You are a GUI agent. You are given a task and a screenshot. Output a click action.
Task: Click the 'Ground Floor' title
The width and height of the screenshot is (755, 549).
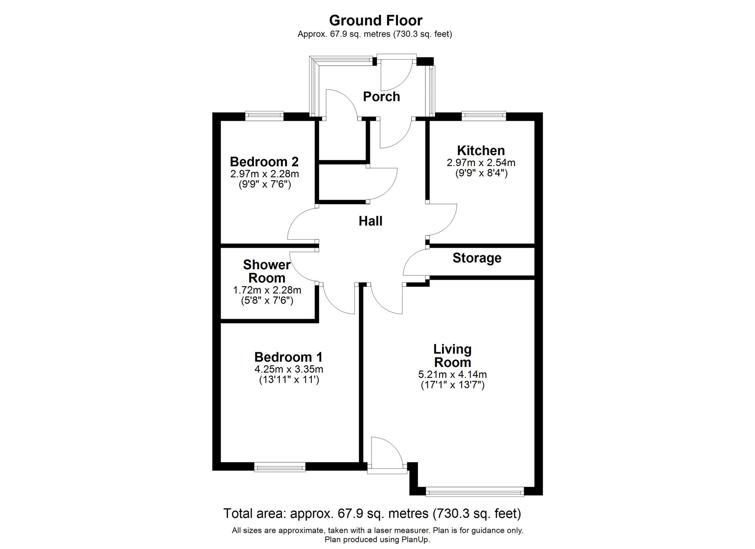pyautogui.click(x=376, y=20)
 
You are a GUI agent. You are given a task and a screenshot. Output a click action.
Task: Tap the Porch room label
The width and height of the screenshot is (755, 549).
pyautogui.click(x=381, y=97)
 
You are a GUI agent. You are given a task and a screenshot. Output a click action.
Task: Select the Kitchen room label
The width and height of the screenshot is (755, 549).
pyautogui.click(x=481, y=151)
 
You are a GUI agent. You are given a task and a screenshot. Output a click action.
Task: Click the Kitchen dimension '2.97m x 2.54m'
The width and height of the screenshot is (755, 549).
pyautogui.click(x=481, y=163)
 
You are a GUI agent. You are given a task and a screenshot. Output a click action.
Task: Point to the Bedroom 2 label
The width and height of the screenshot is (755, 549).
pyautogui.click(x=264, y=162)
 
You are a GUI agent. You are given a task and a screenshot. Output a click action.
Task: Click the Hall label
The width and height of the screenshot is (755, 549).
pyautogui.click(x=370, y=221)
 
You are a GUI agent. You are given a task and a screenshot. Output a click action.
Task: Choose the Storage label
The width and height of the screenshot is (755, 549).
pyautogui.click(x=477, y=258)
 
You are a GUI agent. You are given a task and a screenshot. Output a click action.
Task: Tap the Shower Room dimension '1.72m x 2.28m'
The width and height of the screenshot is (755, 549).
pyautogui.click(x=267, y=290)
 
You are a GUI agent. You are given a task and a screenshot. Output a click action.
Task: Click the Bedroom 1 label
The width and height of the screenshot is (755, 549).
pyautogui.click(x=288, y=357)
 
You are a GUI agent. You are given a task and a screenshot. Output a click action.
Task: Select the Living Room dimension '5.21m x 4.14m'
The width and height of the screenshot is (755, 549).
pyautogui.click(x=452, y=375)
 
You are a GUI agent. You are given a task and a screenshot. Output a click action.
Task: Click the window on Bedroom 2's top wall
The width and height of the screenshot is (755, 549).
pyautogui.click(x=264, y=116)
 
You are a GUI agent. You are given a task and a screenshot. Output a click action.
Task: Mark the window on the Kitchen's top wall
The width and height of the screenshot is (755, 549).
pyautogui.click(x=484, y=116)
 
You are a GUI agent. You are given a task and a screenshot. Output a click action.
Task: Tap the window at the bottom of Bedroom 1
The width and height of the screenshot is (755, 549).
pyautogui.click(x=280, y=467)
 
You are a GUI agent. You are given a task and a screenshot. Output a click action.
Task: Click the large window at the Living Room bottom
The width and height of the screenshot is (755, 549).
pyautogui.click(x=475, y=491)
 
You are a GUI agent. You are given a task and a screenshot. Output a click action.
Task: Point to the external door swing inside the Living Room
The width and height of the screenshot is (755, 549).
pyautogui.click(x=385, y=451)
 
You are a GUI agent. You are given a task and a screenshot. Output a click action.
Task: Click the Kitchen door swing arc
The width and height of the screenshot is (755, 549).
pyautogui.click(x=445, y=223)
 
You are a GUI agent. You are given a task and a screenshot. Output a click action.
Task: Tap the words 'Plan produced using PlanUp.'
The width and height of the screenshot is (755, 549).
pyautogui.click(x=377, y=540)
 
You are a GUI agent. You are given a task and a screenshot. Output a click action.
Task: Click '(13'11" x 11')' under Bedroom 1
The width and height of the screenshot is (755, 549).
pyautogui.click(x=289, y=380)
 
